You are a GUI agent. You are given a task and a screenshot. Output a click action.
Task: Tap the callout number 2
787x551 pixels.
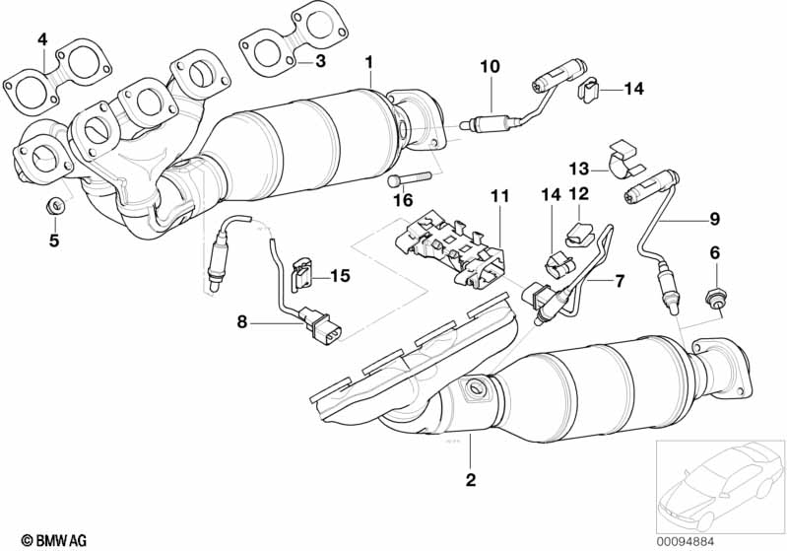(471, 481)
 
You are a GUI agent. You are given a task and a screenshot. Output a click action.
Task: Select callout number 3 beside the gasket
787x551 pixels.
(320, 62)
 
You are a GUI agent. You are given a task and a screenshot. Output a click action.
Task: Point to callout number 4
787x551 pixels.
(42, 39)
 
